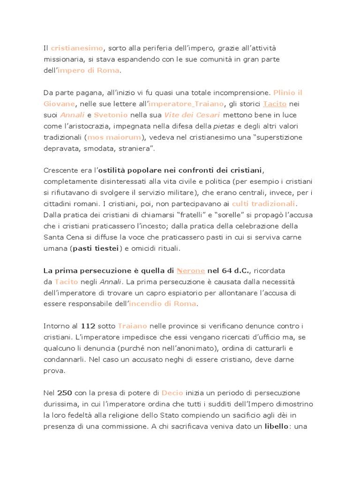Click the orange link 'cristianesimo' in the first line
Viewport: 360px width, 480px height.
[77, 48]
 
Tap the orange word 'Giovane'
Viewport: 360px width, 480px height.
[60, 104]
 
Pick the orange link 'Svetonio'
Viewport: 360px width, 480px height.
[110, 115]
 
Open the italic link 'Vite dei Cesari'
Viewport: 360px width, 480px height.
[192, 115]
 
